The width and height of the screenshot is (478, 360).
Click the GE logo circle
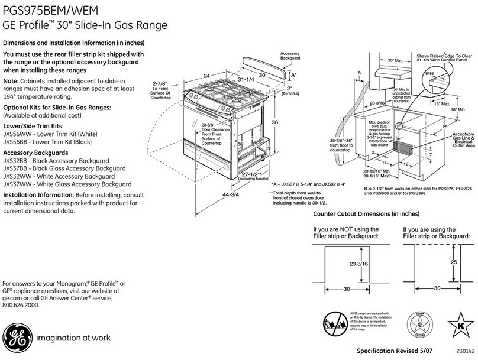[15, 338]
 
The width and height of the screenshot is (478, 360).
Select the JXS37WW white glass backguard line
[67, 184]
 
